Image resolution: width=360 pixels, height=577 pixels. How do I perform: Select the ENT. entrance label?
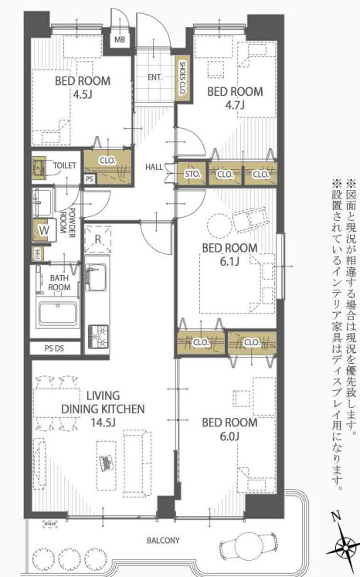155,77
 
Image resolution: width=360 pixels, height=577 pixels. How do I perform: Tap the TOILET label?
63,166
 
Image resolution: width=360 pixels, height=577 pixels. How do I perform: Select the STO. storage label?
192,175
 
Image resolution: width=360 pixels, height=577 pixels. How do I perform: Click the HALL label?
155,167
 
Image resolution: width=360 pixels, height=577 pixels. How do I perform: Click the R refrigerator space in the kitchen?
97,239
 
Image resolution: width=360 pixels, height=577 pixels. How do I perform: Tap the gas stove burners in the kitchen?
98,334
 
